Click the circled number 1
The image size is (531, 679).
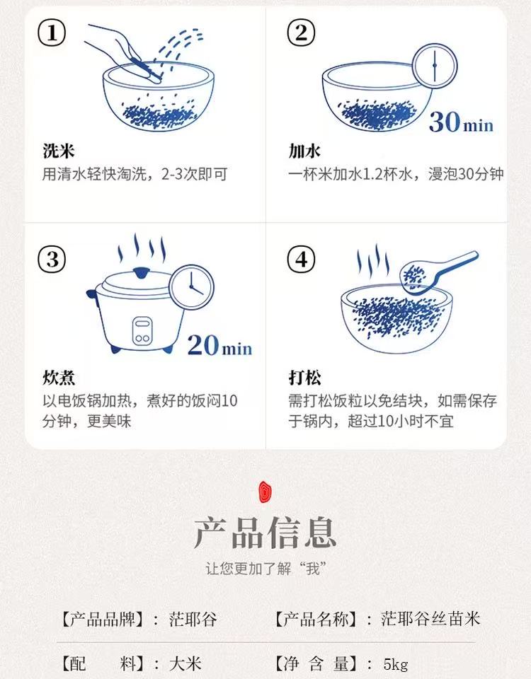52,33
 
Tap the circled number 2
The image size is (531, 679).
302,33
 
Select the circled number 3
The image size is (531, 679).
52,260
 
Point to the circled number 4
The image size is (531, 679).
302,260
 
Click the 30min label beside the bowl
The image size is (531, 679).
461,122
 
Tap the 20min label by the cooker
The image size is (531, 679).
219,345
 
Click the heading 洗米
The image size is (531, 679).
59,151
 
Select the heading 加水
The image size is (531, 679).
304,151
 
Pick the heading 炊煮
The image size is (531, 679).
59,377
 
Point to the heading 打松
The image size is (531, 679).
304,377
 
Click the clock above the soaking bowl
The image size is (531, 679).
434,66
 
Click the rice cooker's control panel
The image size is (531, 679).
142,331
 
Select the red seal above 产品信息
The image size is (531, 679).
265,492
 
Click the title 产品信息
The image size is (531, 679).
265,532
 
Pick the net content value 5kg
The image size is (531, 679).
396,664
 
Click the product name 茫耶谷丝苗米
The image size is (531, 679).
430,619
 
